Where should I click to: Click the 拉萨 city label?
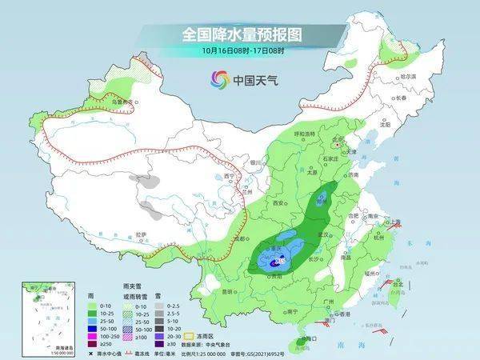click(x=141, y=234)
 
